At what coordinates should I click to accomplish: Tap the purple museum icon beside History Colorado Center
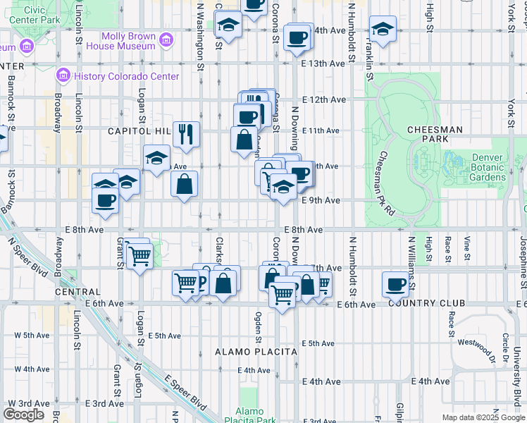point(63,75)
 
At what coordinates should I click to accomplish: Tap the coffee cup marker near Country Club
point(396,284)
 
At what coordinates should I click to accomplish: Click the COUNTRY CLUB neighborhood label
point(426,303)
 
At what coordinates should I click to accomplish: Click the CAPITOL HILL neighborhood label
point(139,131)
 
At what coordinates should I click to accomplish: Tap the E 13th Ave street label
point(324,63)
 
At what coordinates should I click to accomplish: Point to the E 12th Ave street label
point(324,99)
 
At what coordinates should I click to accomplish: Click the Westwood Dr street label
point(473,345)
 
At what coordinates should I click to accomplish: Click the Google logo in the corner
point(23,415)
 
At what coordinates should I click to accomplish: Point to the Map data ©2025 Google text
point(483,417)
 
